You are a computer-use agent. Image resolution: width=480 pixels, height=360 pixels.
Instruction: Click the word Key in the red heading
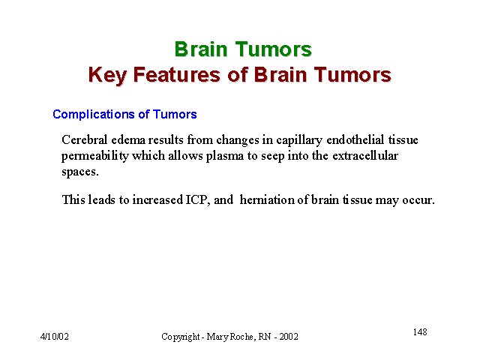[107, 75]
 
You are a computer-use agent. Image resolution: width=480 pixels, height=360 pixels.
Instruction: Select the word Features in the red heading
[177, 74]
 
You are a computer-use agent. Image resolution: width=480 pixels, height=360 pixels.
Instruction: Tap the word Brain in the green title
[201, 49]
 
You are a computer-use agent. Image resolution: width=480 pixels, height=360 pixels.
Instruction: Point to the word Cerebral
[85, 139]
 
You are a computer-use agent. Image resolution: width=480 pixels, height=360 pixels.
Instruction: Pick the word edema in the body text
[128, 140]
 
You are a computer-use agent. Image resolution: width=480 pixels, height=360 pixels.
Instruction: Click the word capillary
[299, 141]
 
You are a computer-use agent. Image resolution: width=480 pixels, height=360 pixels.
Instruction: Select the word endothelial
[355, 139]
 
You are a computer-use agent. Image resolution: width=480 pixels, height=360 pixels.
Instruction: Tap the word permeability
[95, 157]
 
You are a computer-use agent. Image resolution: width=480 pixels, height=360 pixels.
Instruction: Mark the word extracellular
[365, 155]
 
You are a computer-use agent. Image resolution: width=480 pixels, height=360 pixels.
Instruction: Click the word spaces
[80, 172]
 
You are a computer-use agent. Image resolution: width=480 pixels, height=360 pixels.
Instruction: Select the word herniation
[267, 200]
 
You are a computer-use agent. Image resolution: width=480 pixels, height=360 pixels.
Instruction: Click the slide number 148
[420, 331]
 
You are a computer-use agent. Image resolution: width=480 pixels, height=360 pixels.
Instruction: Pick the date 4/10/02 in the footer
[55, 337]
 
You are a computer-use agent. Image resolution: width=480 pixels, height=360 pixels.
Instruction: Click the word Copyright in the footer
[181, 337]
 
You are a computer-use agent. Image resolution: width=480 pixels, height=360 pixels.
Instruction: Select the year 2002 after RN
[289, 337]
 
